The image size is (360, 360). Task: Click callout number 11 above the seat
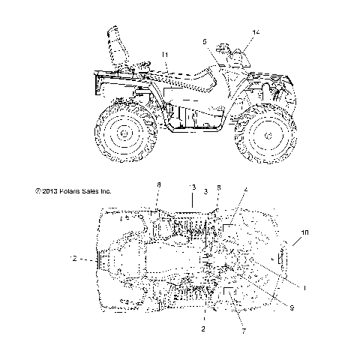click(165, 55)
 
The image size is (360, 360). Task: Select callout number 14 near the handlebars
click(256, 33)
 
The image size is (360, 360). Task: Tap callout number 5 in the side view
click(204, 42)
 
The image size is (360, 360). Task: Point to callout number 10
click(304, 233)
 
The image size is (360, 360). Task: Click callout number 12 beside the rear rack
click(73, 259)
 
